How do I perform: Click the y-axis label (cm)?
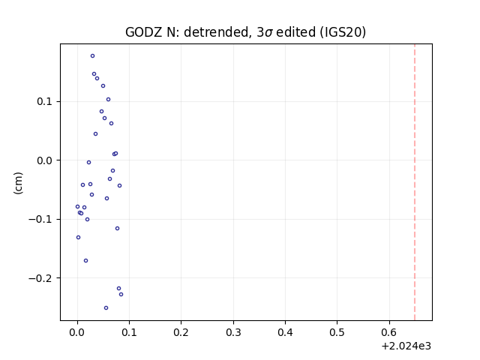point(18,183)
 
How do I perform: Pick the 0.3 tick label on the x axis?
point(233,332)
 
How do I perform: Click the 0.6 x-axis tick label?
point(389,332)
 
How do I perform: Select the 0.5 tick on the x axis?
point(337,332)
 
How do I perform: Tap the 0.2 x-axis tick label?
point(181,332)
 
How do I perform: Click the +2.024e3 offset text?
point(406,346)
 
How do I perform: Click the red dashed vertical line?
point(415,182)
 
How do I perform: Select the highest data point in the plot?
point(92,56)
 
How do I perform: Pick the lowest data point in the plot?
point(106,308)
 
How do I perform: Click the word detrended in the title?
point(217,32)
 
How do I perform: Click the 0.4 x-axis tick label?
point(285,332)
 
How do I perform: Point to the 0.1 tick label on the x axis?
point(129,332)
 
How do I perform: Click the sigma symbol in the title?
point(268,33)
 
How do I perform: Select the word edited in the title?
point(295,32)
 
